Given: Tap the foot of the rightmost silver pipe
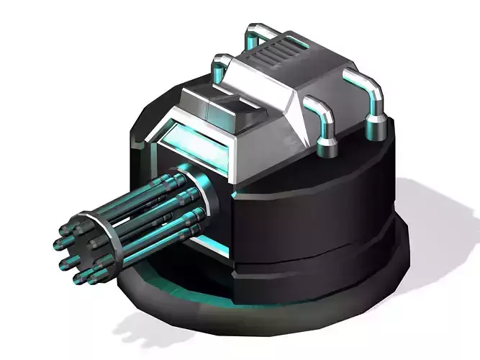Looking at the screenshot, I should (373, 130).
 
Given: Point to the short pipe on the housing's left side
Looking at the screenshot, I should (218, 71).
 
